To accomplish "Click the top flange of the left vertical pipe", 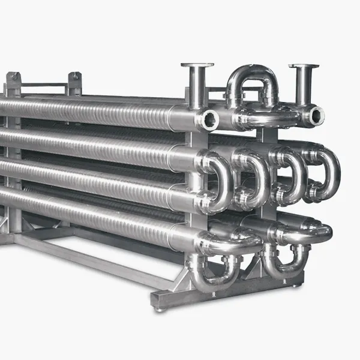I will (x=197, y=65).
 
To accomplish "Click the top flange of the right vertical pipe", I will (x=303, y=66).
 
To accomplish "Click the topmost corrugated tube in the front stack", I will (x=90, y=111).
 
